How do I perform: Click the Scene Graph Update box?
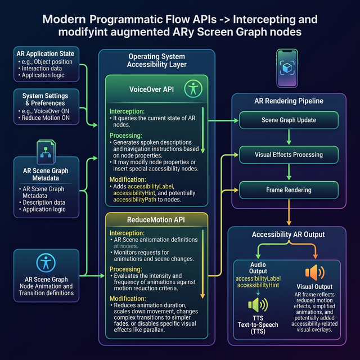(x=289, y=120)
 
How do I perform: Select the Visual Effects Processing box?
(x=289, y=155)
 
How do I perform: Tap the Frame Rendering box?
(x=289, y=190)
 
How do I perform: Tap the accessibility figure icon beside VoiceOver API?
(x=193, y=88)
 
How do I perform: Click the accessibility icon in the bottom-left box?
(x=45, y=263)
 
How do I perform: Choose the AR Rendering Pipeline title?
(x=289, y=101)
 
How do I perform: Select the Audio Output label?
(x=259, y=268)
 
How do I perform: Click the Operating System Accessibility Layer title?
(x=156, y=61)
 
